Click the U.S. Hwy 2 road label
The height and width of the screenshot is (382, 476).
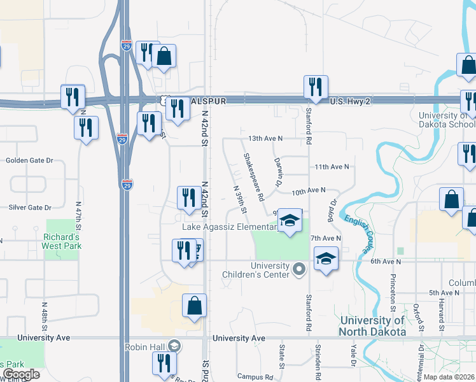349,102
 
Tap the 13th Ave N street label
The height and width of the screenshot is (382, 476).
265,138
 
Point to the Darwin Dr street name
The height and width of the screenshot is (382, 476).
277,173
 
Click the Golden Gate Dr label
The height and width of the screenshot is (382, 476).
28,160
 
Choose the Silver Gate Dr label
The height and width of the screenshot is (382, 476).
29,208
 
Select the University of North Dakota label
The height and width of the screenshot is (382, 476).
372,326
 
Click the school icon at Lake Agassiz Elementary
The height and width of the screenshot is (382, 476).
290,220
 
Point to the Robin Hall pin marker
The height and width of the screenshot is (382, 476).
174,346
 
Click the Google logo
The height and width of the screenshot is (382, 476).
21,374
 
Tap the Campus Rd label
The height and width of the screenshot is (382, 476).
255,377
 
